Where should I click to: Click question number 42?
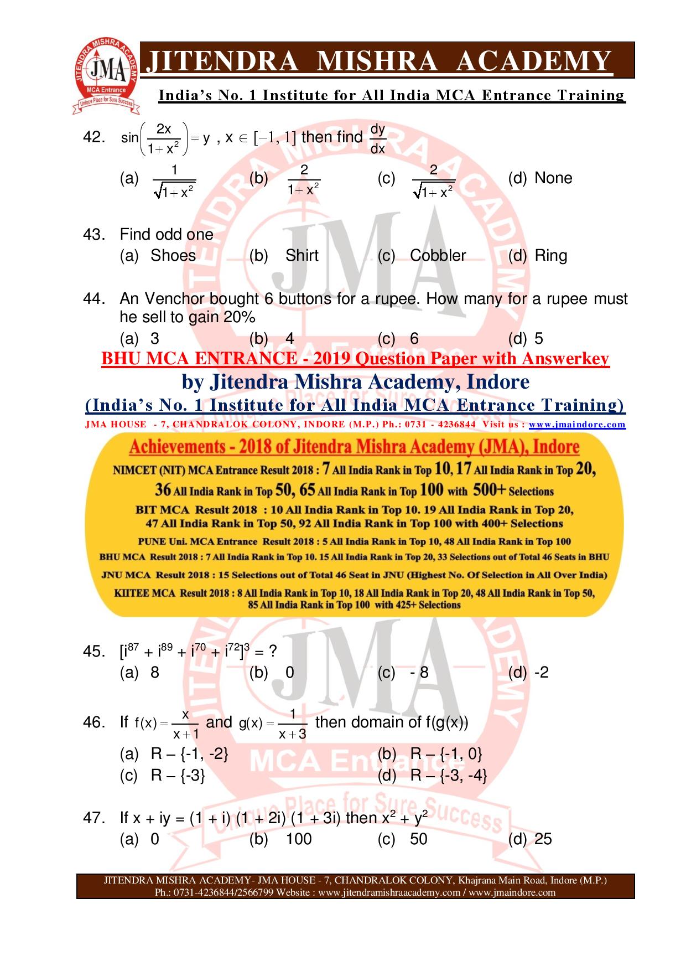93,137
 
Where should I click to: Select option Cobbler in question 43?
438,256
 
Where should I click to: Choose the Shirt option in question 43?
302,256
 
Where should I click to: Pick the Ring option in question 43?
551,256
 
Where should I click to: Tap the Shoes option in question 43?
173,256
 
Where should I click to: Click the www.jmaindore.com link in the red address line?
577,425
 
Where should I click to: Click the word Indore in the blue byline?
498,381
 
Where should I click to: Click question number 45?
93,652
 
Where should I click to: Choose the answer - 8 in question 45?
419,673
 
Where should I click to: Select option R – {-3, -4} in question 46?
449,776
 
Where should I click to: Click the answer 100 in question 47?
298,839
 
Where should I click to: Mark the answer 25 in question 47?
543,839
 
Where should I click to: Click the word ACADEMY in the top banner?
534,61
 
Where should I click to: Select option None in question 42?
553,178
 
